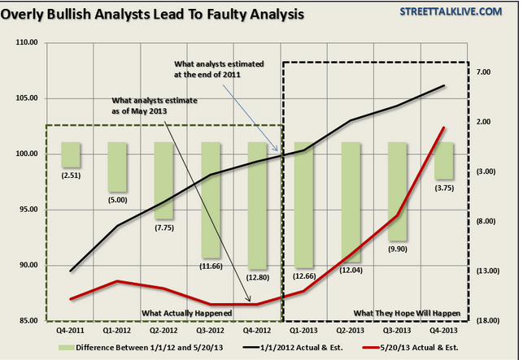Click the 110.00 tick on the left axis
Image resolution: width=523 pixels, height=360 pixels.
[x=26, y=43]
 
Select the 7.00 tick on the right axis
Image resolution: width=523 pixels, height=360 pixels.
[x=484, y=73]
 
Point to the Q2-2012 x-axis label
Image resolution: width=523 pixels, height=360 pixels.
[x=164, y=329]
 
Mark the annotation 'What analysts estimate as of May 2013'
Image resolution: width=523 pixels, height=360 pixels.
[x=158, y=106]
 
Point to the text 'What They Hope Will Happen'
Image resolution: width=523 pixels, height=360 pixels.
[x=407, y=313]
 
